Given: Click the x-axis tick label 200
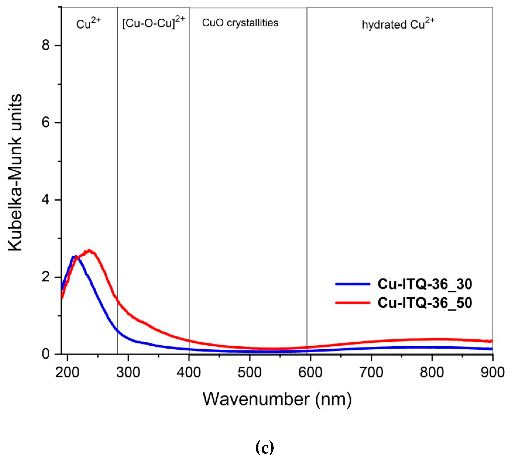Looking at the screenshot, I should pos(67,373).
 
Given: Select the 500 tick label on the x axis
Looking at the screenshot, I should pos(249,373).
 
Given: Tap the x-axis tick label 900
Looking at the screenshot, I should pos(492,373).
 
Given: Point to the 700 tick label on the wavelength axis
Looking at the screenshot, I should pos(371,373).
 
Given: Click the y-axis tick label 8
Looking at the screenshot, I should pos(46,46).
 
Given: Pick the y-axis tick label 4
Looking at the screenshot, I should pos(46,200).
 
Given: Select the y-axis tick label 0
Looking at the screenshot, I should pos(46,354).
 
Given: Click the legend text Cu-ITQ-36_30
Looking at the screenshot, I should pos(425,284).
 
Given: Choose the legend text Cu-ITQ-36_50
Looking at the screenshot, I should pos(425,303).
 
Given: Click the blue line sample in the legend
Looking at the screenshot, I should pos(353,284).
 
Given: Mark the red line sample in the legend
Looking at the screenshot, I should pos(353,303).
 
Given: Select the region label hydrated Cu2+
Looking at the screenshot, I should pos(398,24).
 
